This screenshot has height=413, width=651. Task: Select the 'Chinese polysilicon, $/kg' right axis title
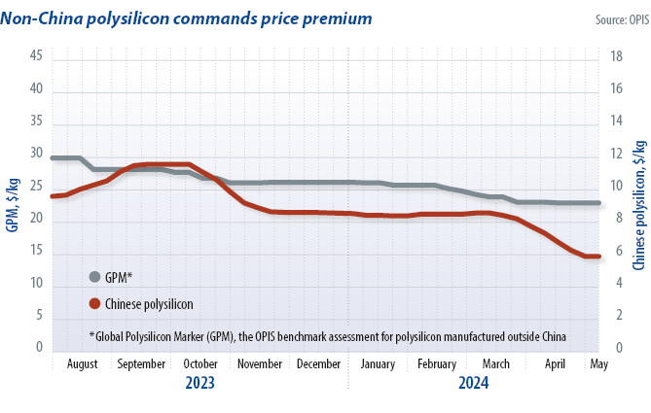pyautogui.click(x=639, y=203)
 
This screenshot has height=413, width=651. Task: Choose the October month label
pyautogui.click(x=200, y=364)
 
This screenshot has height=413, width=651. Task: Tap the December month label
pyautogui.click(x=318, y=364)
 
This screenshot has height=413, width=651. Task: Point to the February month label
pyautogui.click(x=436, y=364)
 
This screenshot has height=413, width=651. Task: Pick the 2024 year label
pyautogui.click(x=473, y=383)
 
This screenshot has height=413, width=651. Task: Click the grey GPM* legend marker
pyautogui.click(x=94, y=276)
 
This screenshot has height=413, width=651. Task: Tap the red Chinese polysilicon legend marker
pyautogui.click(x=94, y=303)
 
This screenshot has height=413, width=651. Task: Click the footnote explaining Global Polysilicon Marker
pyautogui.click(x=327, y=336)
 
